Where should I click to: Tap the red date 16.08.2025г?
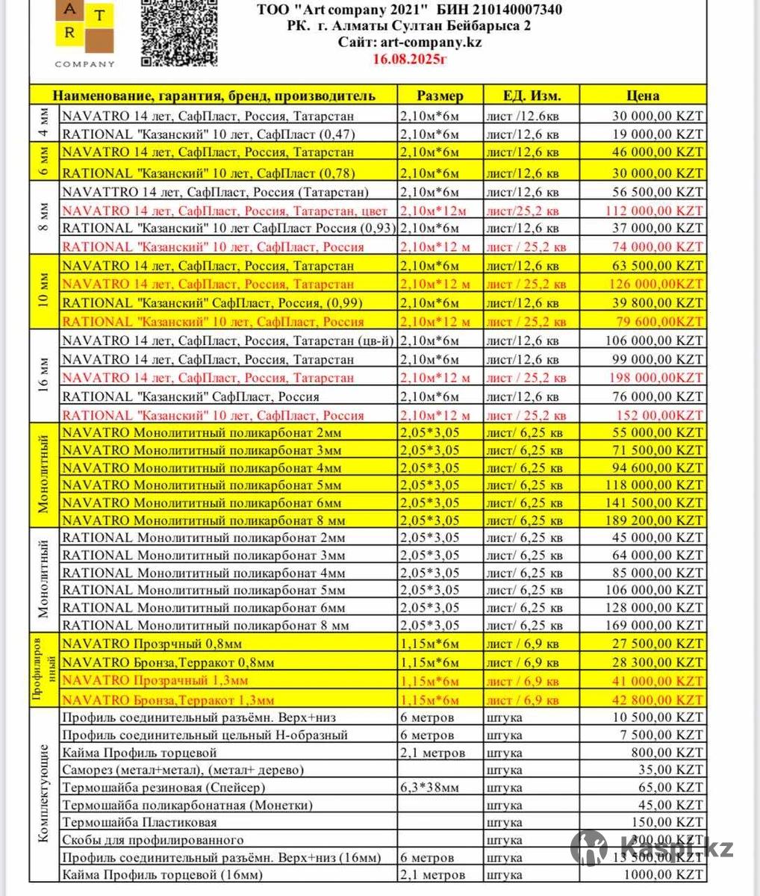pos(409,58)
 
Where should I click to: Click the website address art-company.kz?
pos(409,42)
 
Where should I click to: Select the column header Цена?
pos(643,96)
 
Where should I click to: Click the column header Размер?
pos(440,96)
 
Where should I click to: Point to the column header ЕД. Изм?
pos(531,96)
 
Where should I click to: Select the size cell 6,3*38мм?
pos(430,787)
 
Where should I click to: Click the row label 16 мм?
pos(44,378)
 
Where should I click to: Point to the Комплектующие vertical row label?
pos(43,795)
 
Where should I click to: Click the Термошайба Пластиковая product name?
pos(140,822)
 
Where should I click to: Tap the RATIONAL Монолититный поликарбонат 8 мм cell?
pos(205,626)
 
